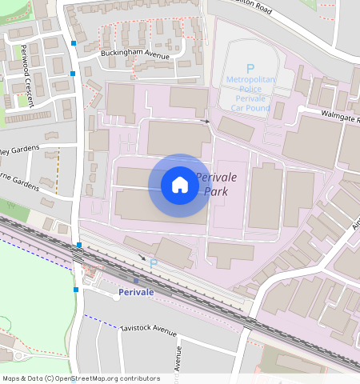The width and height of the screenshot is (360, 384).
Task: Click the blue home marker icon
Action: [180, 185]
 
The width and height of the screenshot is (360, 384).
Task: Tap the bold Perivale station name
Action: [135, 292]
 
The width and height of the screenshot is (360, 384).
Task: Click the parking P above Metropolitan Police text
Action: [250, 69]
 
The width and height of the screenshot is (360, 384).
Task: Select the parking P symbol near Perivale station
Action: [154, 263]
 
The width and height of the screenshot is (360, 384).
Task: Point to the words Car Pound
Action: [249, 107]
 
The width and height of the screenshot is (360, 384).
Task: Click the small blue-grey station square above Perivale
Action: [137, 281]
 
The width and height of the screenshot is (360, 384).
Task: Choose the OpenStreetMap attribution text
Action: [81, 378]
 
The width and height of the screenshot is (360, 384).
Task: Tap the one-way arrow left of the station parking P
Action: [142, 258]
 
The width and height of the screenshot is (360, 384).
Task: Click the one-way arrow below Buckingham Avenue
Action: [205, 122]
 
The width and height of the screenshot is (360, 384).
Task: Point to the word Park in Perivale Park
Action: [216, 192]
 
